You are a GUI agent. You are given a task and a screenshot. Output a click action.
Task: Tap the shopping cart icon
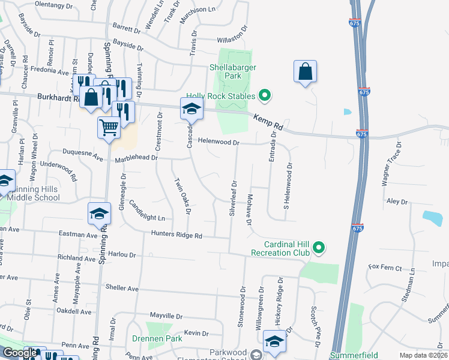click(109, 127)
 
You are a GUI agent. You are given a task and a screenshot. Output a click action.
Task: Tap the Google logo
click(20, 353)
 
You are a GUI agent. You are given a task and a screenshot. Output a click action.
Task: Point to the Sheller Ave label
click(122, 289)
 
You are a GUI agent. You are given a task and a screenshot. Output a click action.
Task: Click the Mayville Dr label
click(165, 316)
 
